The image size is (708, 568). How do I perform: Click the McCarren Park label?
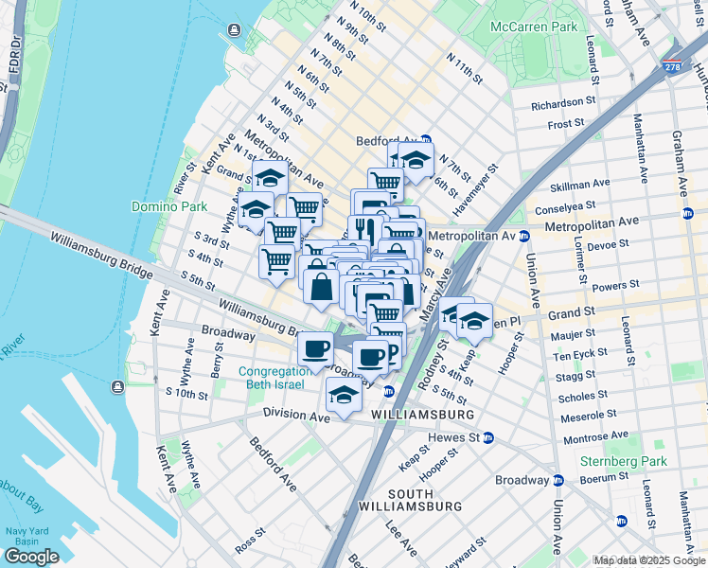pyautogui.click(x=533, y=27)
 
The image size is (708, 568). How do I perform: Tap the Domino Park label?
pyautogui.click(x=164, y=205)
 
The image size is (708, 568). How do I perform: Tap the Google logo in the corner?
pyautogui.click(x=31, y=557)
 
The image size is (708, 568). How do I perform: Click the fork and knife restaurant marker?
pyautogui.click(x=363, y=230)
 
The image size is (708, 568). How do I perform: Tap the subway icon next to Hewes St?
pyautogui.click(x=488, y=437)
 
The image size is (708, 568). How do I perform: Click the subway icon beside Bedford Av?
pyautogui.click(x=426, y=140)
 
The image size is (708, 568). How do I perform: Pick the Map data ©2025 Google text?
pyautogui.click(x=649, y=560)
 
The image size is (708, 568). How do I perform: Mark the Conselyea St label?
pyautogui.click(x=563, y=204)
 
